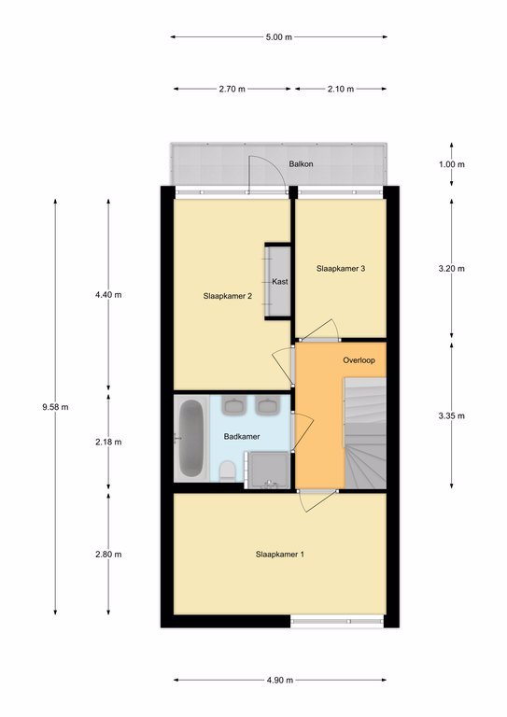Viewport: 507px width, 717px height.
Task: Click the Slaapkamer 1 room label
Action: tap(280, 555)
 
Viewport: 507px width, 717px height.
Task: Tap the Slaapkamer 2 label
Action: tap(228, 296)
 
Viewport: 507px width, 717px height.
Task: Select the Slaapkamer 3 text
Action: tap(341, 269)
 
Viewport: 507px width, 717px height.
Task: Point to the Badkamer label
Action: tap(242, 436)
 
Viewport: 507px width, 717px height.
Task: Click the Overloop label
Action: tap(359, 359)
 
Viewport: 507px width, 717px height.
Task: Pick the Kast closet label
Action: tap(280, 282)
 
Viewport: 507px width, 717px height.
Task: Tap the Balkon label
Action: tap(301, 163)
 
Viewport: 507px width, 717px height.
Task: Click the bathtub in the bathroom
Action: tap(191, 438)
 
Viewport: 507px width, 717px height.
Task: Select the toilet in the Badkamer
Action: tap(227, 471)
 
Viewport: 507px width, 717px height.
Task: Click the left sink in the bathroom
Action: tap(234, 405)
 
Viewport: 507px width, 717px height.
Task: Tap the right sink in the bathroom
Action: tap(268, 405)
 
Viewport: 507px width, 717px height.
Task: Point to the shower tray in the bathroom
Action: tap(267, 470)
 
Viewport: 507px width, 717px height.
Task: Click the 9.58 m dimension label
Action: tap(55, 406)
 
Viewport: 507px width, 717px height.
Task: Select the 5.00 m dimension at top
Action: tap(279, 37)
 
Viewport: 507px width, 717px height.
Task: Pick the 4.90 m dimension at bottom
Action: tap(280, 680)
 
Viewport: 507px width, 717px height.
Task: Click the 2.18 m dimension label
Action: tap(108, 442)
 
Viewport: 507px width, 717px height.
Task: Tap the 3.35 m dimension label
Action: tap(451, 415)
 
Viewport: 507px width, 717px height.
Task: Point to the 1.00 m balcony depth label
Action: tap(451, 164)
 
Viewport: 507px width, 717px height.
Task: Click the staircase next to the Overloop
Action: tap(365, 432)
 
